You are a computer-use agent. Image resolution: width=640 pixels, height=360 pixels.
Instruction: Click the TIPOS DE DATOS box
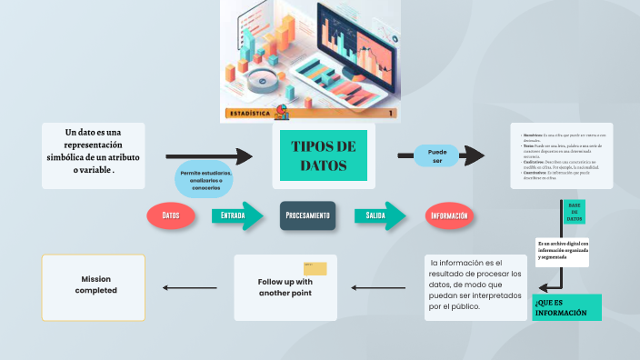pyautogui.click(x=323, y=156)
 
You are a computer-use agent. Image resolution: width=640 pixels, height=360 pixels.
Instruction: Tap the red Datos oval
pyautogui.click(x=171, y=215)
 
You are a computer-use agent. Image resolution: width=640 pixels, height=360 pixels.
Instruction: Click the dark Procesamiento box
pyautogui.click(x=308, y=215)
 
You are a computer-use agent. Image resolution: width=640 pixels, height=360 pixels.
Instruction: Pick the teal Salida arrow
pyautogui.click(x=376, y=215)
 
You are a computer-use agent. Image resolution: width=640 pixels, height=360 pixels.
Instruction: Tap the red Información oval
pyautogui.click(x=450, y=215)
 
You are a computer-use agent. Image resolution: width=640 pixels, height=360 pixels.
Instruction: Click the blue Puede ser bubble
pyautogui.click(x=437, y=156)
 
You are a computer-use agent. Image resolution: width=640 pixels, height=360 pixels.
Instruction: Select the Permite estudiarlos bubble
pyautogui.click(x=205, y=180)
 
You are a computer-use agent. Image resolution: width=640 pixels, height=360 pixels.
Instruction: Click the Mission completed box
pyautogui.click(x=94, y=286)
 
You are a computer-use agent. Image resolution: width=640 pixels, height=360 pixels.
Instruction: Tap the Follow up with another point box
pyautogui.click(x=285, y=287)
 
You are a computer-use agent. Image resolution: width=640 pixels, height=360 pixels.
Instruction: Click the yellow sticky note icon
pyautogui.click(x=315, y=268)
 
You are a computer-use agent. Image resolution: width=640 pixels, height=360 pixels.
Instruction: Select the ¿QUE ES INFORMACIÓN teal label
pyautogui.click(x=566, y=307)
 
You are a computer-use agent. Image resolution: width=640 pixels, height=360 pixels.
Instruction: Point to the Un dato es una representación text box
pyautogui.click(x=94, y=151)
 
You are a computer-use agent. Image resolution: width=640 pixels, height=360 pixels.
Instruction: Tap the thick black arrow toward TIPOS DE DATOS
pyautogui.click(x=208, y=157)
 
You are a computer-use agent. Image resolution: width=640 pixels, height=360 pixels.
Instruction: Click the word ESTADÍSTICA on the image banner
pyautogui.click(x=251, y=115)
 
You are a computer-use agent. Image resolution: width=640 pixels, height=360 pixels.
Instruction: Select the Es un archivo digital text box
pyautogui.click(x=563, y=250)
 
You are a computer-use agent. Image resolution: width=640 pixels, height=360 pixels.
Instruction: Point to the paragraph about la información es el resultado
pyautogui.click(x=477, y=285)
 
